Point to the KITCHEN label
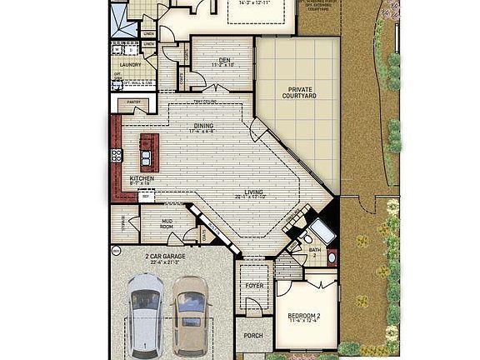point(141,178)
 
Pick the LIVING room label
point(253,192)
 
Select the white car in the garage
point(145,312)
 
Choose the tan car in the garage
point(191,312)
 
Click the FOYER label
point(253,286)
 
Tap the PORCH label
point(252,336)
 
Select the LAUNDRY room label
point(129,63)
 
